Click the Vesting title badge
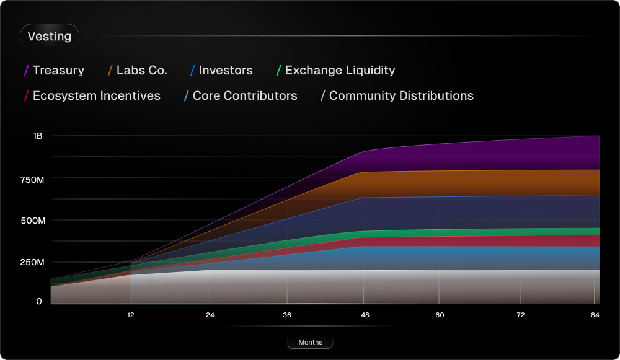coord(50,37)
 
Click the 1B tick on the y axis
coord(38,136)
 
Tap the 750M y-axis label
coord(32,179)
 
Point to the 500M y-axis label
coord(32,221)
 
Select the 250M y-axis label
coord(32,262)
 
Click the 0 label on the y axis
coord(39,301)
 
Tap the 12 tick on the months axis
coord(131,315)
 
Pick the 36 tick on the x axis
coord(287,315)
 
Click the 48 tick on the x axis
coord(365,315)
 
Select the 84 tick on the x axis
coord(595,315)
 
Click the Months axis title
coord(310,343)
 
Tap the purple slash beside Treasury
coord(27,71)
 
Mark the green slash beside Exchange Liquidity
coord(279,71)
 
